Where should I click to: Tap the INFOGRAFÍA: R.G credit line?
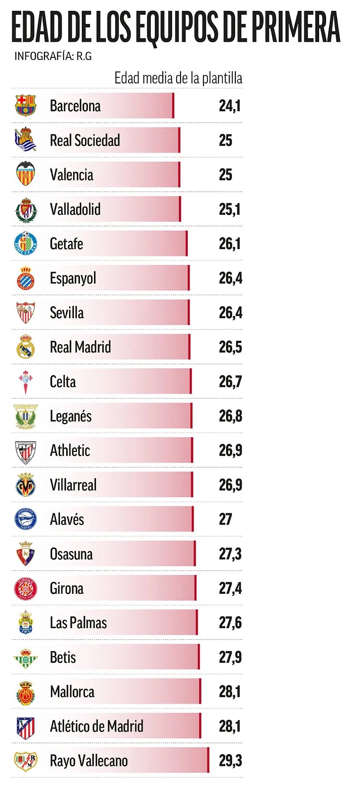pos(53,56)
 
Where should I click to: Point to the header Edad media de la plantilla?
pos(178,78)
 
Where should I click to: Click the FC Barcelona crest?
pos(26,106)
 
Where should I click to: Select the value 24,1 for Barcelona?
pos(230,106)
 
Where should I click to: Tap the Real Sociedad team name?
pos(85,140)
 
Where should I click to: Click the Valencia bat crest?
pos(26,174)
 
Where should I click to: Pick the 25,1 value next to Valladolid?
pos(230,210)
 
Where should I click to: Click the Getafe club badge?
pos(26,243)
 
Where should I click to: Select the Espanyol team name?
pos(73,278)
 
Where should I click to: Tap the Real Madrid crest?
pos(26,347)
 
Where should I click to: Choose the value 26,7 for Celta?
pos(230,382)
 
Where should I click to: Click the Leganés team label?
pos(71,416)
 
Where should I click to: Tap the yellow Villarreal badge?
pos(26,485)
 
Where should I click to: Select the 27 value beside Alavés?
pos(226,519)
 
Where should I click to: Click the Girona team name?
pos(67,588)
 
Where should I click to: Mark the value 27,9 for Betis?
pos(230,657)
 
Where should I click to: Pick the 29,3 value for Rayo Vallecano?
pos(230,761)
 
